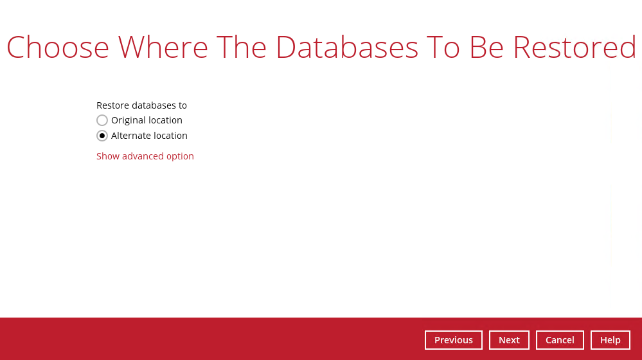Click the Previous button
pos(453,340)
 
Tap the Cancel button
pos(560,340)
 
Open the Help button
pos(610,340)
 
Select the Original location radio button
pos(102,120)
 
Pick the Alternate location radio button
pos(102,136)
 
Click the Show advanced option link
pos(145,156)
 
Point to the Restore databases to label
pos(141,105)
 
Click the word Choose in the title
pos(58,47)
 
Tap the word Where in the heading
pos(163,47)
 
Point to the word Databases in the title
pos(347,47)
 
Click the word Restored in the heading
pos(574,47)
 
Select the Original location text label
pos(147,120)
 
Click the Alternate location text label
pos(149,136)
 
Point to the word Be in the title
pos(486,47)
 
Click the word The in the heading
pos(242,47)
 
